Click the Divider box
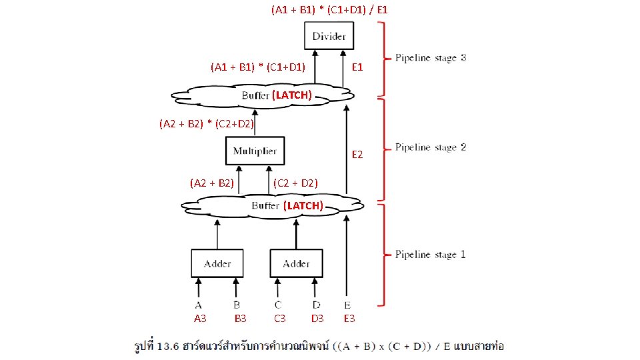coord(329,35)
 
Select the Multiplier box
coord(255,152)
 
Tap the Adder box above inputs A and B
coord(217,263)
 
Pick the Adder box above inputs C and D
coord(296,263)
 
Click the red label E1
coord(357,67)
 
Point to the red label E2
coord(357,155)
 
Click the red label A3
coord(199,319)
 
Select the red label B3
coord(240,319)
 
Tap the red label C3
coord(280,319)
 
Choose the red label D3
coord(317,319)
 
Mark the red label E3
coord(349,319)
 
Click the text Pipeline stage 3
coord(431,58)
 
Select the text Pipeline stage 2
coord(431,147)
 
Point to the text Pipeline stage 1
coord(431,254)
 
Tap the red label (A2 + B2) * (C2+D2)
coord(207,123)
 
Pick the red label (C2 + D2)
coord(295,183)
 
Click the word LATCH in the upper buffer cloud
coord(292,95)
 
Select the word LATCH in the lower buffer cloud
coord(303,205)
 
